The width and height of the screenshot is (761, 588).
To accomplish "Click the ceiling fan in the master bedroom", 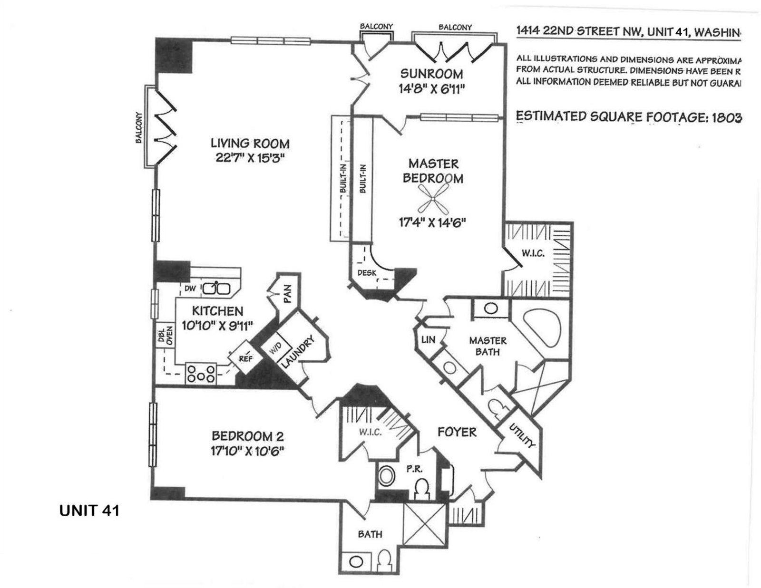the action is (x=432, y=198).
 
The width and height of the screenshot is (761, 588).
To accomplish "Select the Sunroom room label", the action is (x=431, y=74).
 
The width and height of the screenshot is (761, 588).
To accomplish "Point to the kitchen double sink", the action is (x=216, y=288).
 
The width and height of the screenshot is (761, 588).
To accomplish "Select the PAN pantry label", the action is (x=287, y=294).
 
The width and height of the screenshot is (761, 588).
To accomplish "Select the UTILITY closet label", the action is (x=522, y=435).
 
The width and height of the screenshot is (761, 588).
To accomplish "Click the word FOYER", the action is (x=457, y=432).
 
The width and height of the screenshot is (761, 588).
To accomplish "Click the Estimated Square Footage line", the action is (x=628, y=117).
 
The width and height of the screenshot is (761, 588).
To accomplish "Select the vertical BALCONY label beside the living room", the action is (x=138, y=127).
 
